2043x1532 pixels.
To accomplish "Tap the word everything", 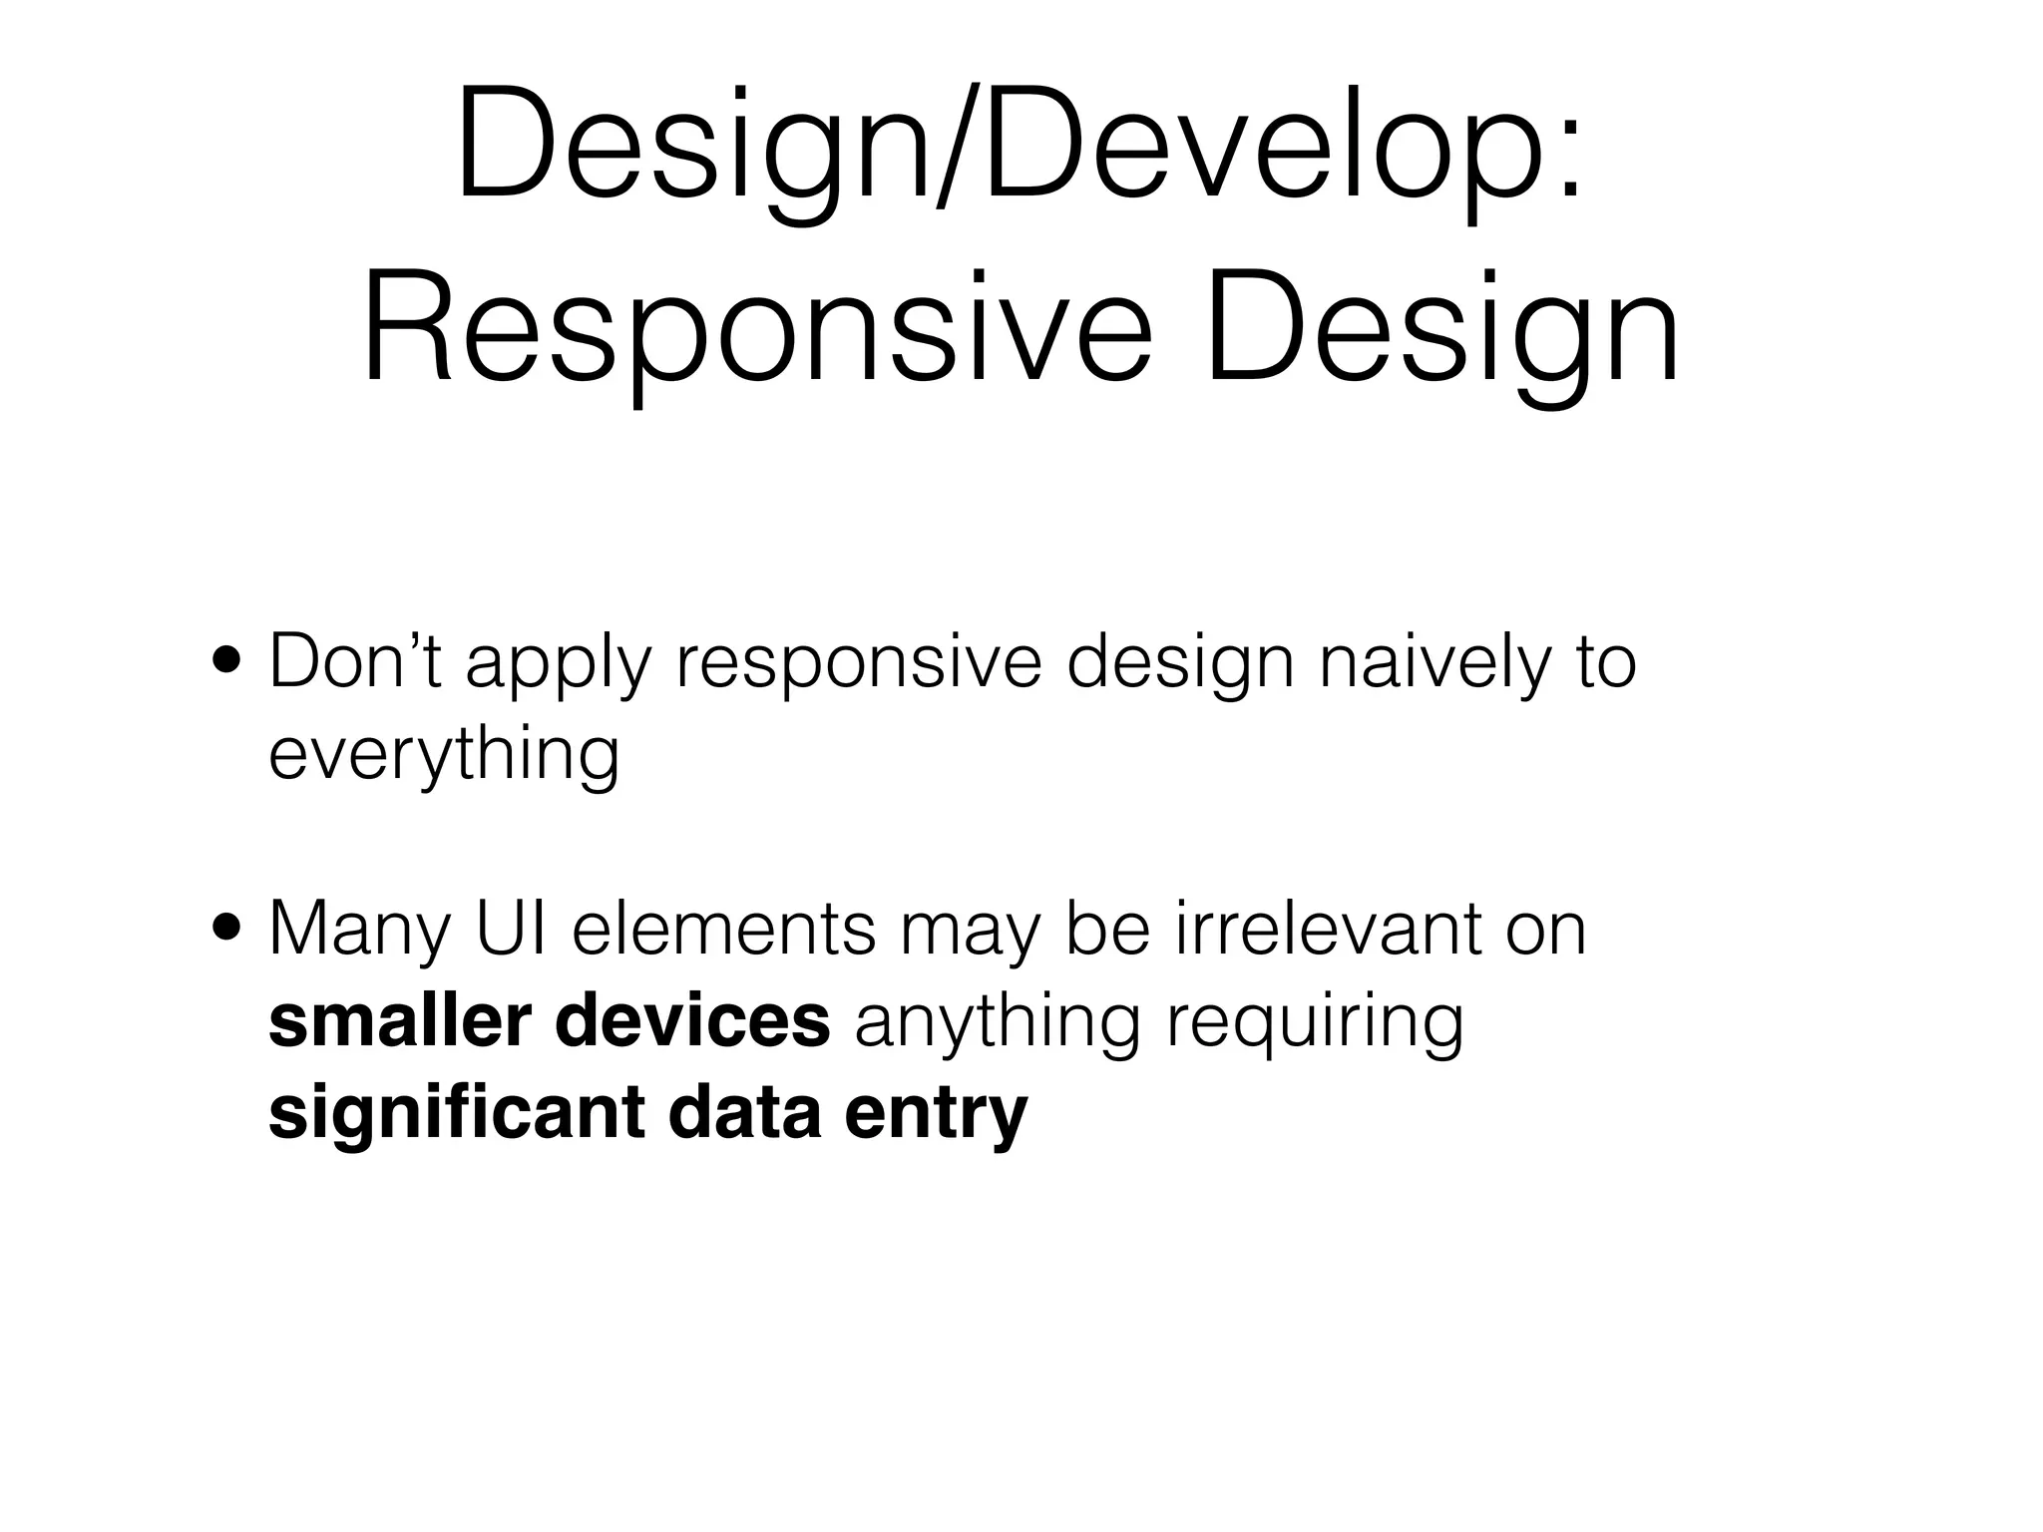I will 444,755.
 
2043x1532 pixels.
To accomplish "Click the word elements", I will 724,929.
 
